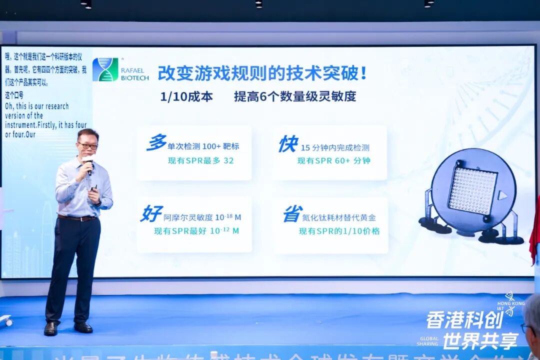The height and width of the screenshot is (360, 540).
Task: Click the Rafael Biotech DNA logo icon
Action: click(x=105, y=69)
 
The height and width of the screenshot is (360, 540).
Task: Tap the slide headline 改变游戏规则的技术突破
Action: click(x=262, y=73)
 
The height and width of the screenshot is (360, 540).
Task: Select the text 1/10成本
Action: click(x=186, y=96)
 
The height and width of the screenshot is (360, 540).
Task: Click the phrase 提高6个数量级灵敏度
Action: click(x=295, y=96)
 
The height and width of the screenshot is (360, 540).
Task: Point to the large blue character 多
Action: click(x=156, y=143)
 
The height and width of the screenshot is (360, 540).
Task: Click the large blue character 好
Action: click(x=151, y=214)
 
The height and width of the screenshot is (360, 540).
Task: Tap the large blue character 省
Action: click(x=292, y=214)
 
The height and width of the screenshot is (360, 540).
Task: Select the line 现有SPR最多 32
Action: click(x=200, y=160)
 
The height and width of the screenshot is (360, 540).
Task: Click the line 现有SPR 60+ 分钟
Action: click(x=333, y=160)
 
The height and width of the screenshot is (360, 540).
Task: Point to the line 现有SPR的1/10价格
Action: click(x=339, y=231)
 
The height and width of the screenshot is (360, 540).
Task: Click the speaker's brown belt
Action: click(x=77, y=218)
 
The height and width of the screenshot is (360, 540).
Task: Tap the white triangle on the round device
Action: click(x=503, y=195)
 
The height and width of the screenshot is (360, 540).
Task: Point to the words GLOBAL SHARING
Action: click(x=428, y=341)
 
